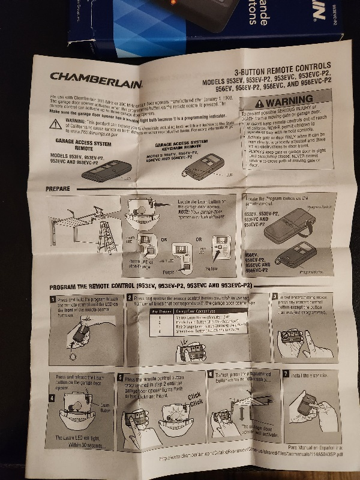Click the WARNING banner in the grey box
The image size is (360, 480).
286,102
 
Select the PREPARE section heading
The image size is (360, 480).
58,189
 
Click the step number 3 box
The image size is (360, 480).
275,296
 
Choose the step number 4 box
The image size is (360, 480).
52,376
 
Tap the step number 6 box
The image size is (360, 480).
210,374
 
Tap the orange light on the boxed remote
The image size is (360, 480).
172,3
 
